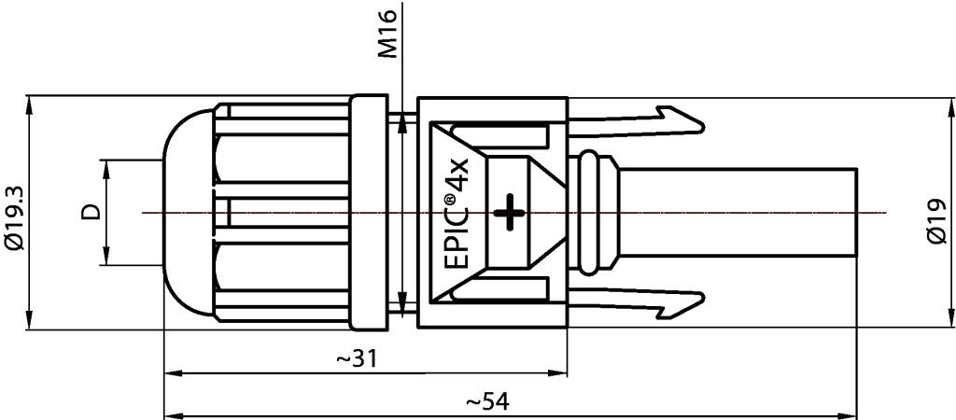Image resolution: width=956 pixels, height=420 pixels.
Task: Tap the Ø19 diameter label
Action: [938, 224]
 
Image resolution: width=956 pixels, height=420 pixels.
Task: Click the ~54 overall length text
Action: [487, 402]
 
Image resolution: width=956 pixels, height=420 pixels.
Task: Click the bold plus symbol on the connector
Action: [510, 212]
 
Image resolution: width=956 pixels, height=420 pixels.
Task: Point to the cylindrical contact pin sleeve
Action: [738, 213]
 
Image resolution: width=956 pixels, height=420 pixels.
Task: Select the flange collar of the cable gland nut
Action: [370, 213]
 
